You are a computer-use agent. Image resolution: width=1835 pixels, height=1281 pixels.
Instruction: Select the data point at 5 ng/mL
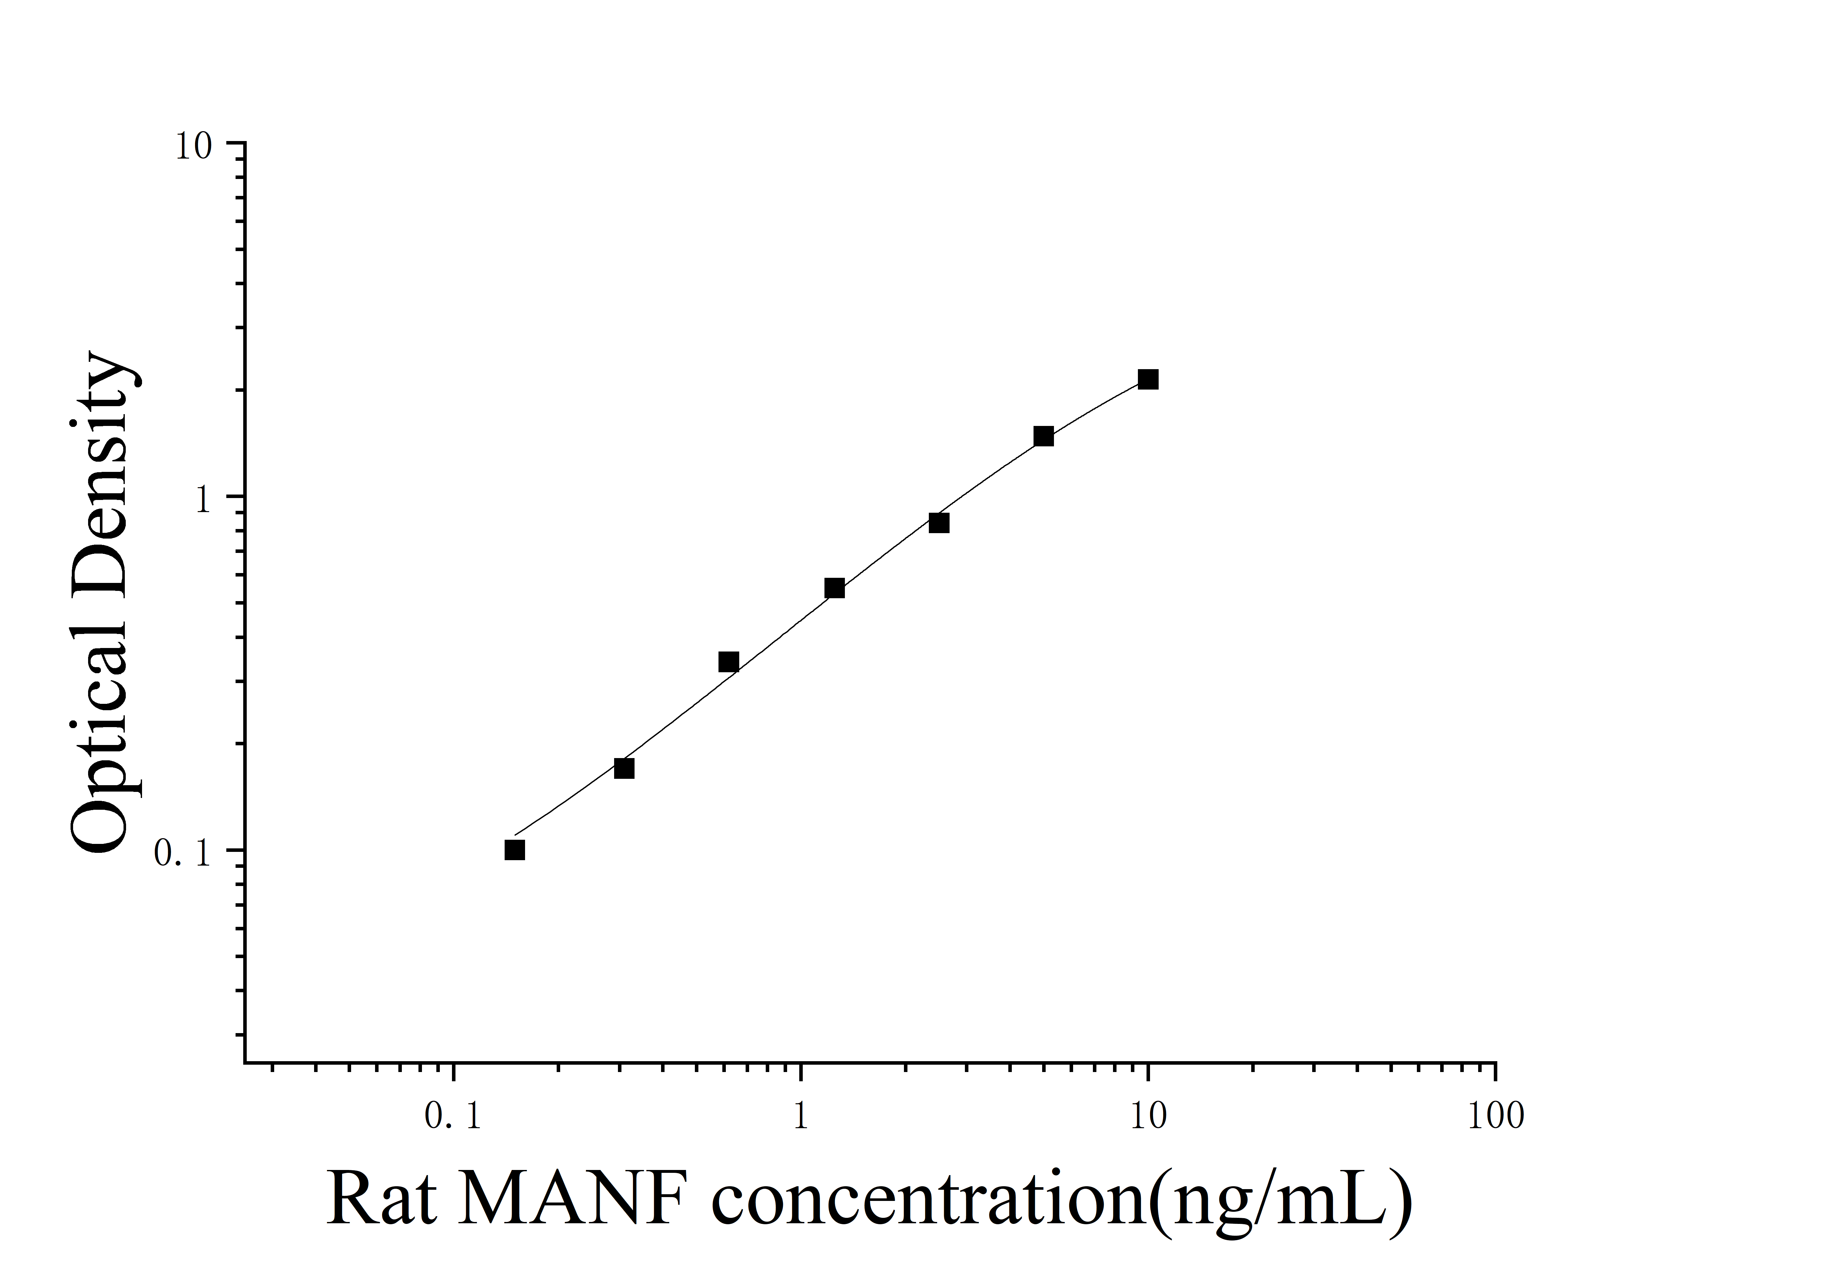[x=1043, y=436]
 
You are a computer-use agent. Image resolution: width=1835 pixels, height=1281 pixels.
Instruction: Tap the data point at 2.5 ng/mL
[x=939, y=523]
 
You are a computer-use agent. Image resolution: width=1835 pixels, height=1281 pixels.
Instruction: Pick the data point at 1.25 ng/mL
[x=834, y=588]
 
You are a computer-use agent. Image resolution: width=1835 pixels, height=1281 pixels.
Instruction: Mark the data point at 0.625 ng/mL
[x=728, y=662]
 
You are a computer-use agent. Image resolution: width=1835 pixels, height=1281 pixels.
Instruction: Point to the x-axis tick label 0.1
[x=453, y=1117]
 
